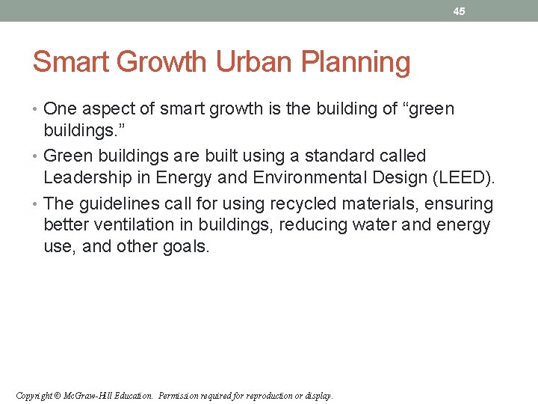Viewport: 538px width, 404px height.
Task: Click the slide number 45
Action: [459, 11]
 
